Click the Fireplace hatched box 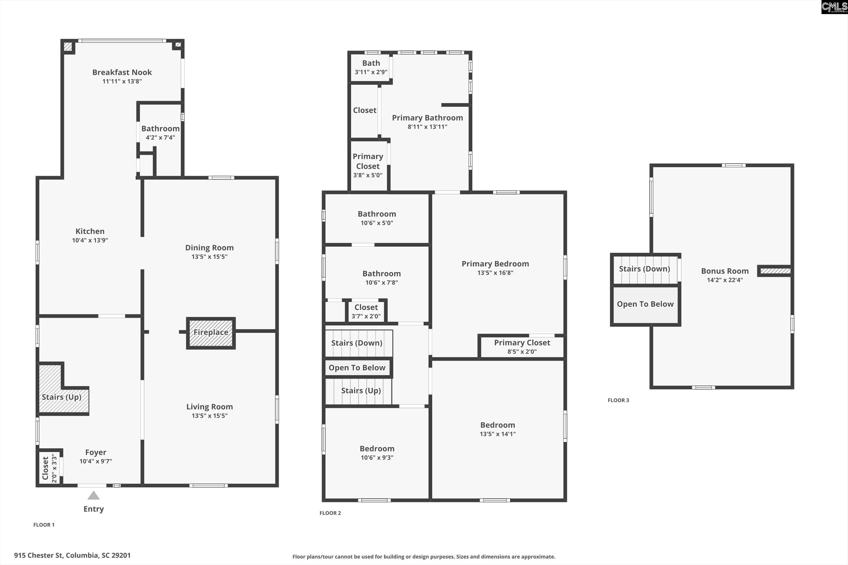(211, 333)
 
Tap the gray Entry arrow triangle (93, 496)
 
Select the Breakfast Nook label (122, 73)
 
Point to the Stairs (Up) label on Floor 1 (61, 397)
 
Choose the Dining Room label (209, 248)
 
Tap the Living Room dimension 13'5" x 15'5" (209, 416)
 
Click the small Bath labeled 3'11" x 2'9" (371, 67)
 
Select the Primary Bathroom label (427, 118)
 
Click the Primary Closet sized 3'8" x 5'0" (367, 166)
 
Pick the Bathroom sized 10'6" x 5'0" (377, 218)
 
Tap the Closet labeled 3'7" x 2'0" (366, 311)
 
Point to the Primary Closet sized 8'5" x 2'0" (522, 347)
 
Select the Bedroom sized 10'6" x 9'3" (377, 452)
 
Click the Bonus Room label (725, 271)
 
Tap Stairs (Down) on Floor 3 (644, 269)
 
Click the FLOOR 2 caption (330, 513)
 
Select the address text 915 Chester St (72, 555)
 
